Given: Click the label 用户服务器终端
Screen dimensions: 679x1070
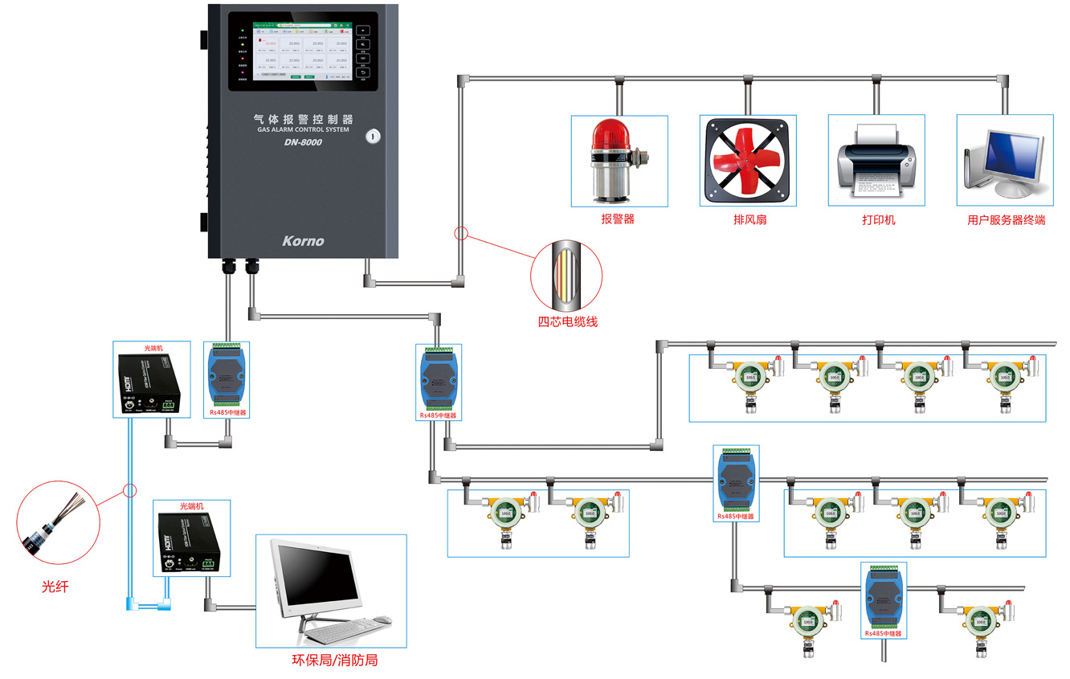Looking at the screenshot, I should [x=1006, y=219].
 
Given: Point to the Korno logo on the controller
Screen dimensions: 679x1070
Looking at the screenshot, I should [x=303, y=240].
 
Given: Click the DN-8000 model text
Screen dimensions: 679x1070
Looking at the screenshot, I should [x=303, y=143].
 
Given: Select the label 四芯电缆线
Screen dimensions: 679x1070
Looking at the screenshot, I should [x=567, y=321].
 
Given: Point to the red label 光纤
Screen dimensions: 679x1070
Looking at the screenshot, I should [x=55, y=587].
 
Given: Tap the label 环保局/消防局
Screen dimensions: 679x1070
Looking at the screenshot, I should [x=334, y=661].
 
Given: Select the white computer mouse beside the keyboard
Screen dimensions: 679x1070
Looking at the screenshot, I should [x=382, y=620].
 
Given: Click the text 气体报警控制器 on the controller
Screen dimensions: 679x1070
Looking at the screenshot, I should [x=303, y=119].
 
